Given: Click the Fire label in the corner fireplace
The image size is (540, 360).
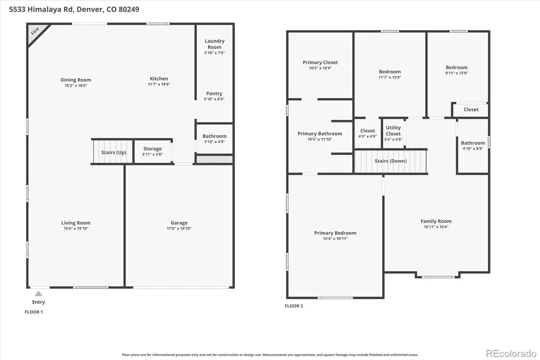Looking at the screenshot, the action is [35, 31].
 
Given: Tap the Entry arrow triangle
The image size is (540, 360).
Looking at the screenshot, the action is [38, 294].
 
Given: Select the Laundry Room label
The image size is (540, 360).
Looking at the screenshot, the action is [215, 44].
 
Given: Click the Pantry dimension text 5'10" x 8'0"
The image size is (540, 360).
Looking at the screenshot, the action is [214, 99].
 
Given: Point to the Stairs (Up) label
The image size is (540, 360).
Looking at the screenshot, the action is [114, 153].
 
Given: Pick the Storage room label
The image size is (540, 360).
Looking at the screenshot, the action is [152, 149].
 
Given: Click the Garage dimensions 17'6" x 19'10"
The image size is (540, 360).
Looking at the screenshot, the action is [179, 228].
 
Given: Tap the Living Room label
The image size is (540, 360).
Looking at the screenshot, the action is [76, 223].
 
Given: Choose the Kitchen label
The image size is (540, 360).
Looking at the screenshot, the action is [159, 79].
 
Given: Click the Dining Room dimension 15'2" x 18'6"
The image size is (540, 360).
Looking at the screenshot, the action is [76, 85].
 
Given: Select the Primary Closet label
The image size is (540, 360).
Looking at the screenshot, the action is [320, 62].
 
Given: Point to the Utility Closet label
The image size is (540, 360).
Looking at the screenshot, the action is [393, 131].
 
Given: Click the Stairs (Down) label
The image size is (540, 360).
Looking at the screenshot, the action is [390, 161].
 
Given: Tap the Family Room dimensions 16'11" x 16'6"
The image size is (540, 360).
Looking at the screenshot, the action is [436, 227].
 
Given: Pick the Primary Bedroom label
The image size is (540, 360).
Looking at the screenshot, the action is [335, 233].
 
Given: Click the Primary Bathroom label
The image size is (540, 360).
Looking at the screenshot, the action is [320, 134].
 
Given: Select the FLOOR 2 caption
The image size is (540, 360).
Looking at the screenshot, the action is [294, 306].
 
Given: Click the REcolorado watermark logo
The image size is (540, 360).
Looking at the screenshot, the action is [511, 354].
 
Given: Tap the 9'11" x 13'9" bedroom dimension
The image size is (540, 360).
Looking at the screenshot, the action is [457, 73].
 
